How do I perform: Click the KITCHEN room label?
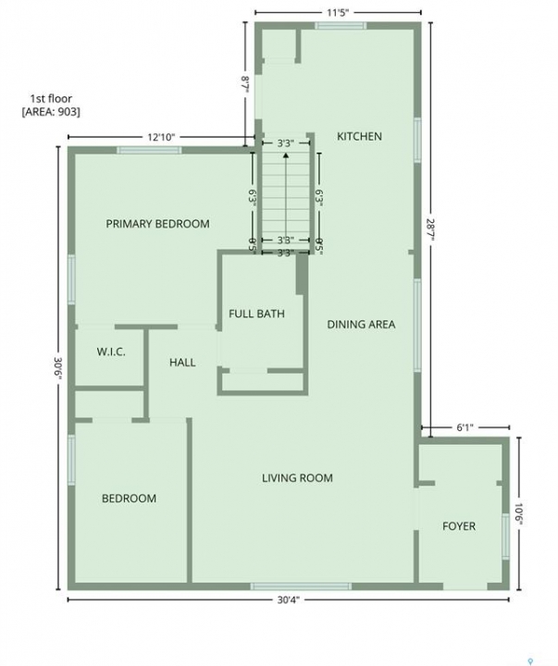[x=359, y=136]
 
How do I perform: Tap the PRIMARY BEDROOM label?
[x=157, y=224]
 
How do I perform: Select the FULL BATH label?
[x=256, y=314]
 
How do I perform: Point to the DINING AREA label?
[x=361, y=325]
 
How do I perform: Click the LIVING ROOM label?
[x=297, y=478]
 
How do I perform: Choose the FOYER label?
[x=459, y=526]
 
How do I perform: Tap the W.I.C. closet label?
[x=111, y=351]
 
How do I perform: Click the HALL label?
[x=182, y=363]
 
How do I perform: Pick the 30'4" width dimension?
[x=289, y=599]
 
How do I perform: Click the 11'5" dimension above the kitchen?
[x=338, y=12]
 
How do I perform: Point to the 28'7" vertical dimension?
[x=431, y=229]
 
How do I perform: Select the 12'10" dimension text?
[x=161, y=137]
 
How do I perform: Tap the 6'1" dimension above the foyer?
[x=465, y=427]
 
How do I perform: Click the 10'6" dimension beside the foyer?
[x=518, y=514]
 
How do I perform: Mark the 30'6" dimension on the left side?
[x=58, y=369]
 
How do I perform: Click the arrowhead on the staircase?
[x=286, y=155]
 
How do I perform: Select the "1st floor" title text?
[x=51, y=99]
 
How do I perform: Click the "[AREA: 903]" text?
[x=51, y=112]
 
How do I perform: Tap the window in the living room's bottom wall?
[x=301, y=586]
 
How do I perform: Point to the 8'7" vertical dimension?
[x=245, y=84]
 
